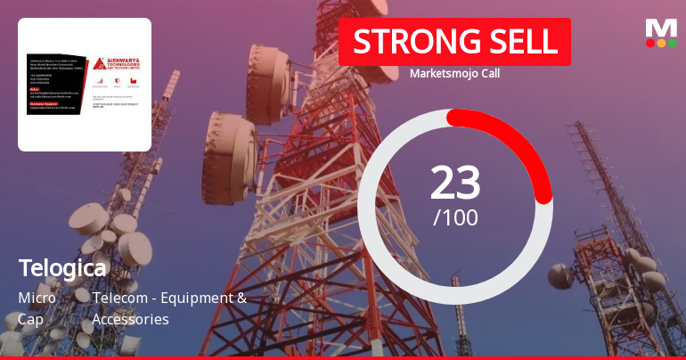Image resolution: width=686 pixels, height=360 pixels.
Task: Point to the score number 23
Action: [455, 183]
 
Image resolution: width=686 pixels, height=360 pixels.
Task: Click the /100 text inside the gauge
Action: [455, 217]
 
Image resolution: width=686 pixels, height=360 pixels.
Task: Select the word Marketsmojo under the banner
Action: [441, 74]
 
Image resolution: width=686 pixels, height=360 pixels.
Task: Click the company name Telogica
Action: [62, 266]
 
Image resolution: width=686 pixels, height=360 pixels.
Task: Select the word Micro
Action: [37, 298]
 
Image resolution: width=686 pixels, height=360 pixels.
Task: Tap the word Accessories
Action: [130, 318]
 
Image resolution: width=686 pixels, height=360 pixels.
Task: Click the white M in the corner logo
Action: [661, 27]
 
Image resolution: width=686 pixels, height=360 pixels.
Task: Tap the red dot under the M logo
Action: [650, 42]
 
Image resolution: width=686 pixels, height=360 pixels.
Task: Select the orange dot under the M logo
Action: [661, 42]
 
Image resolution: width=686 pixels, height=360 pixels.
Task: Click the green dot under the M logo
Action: [672, 42]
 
